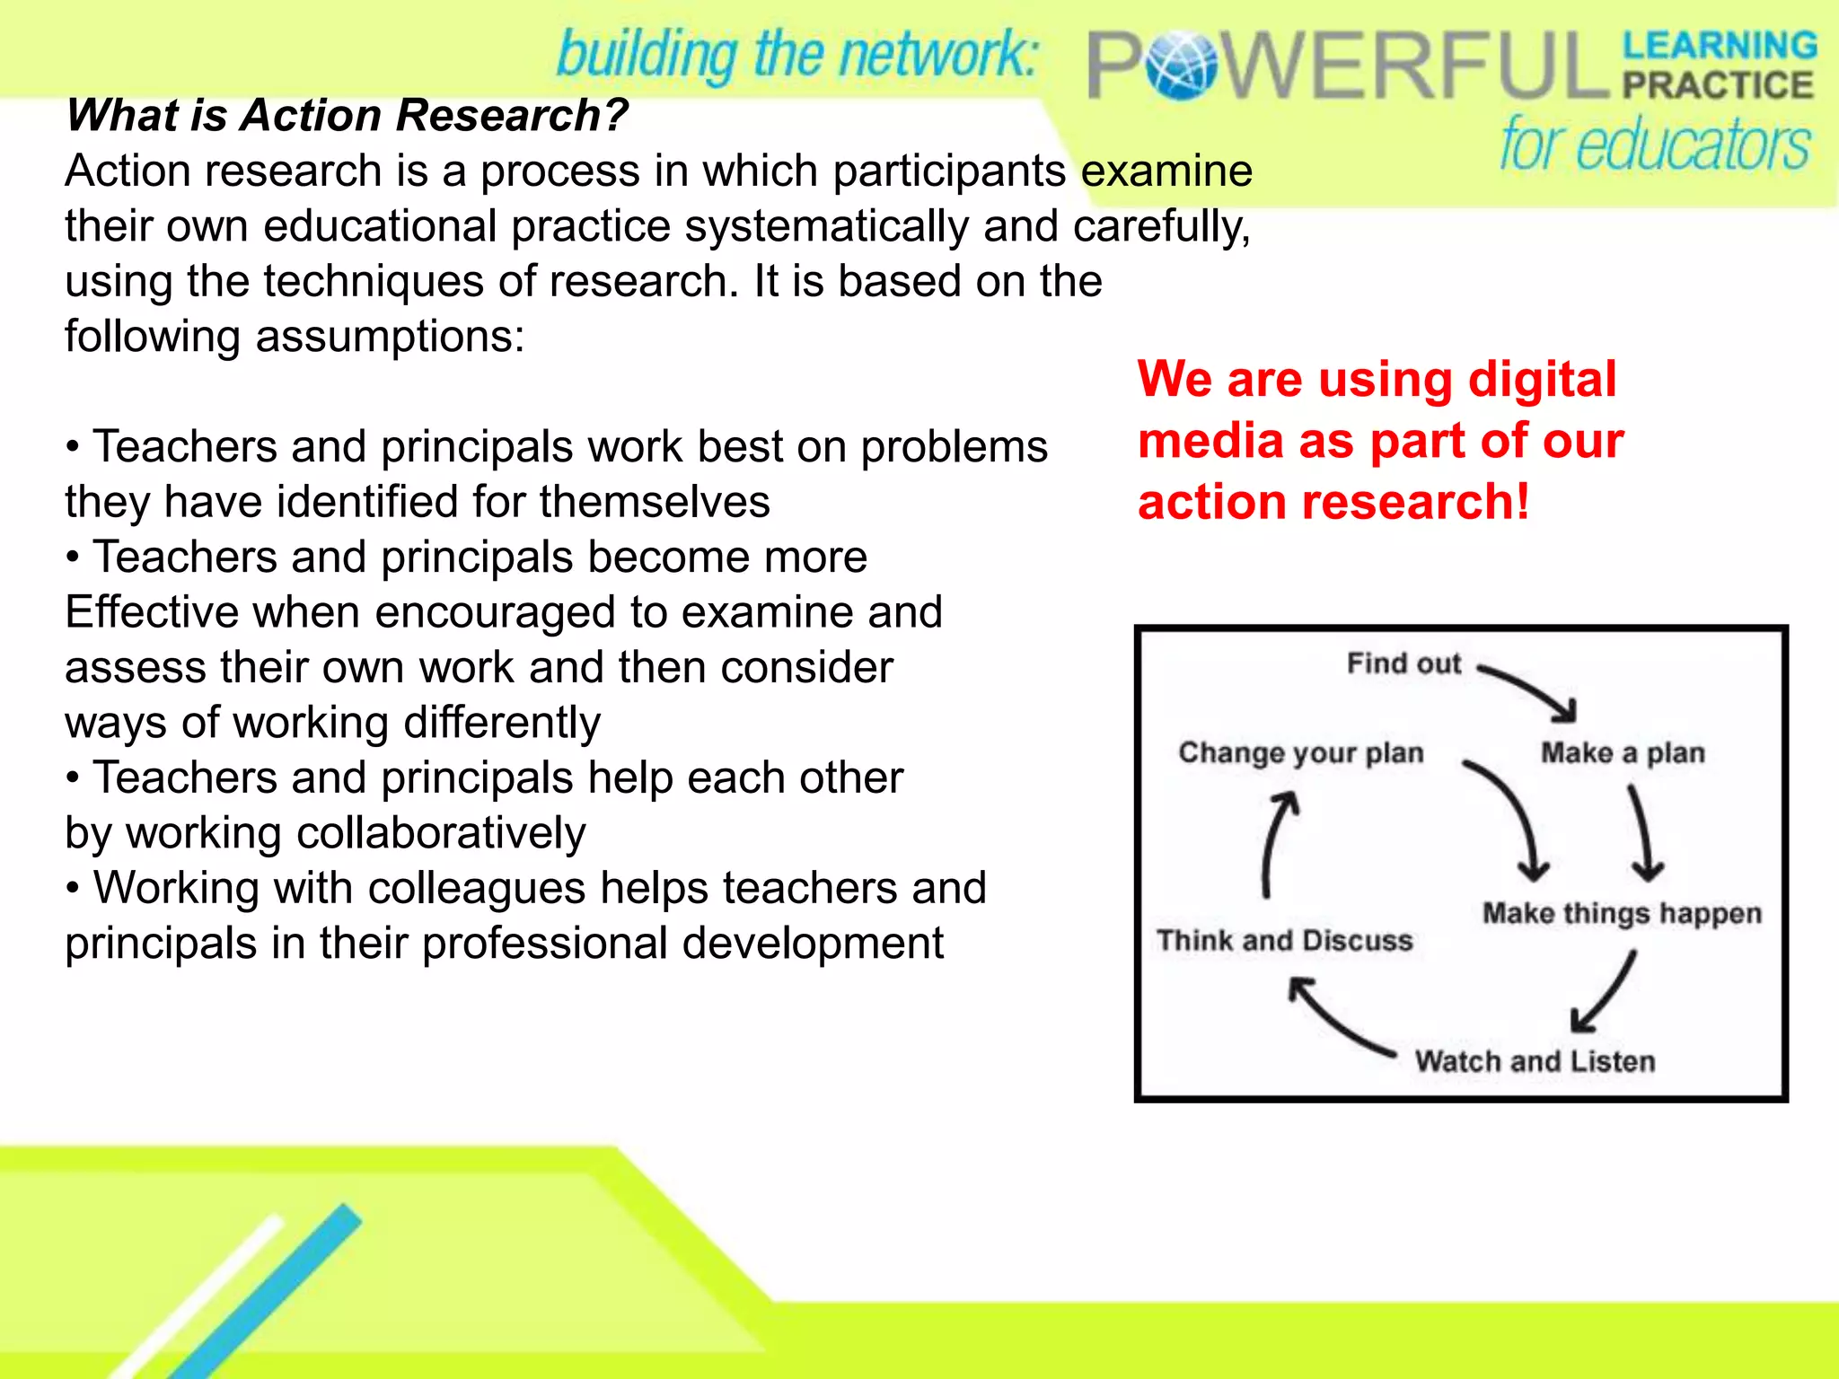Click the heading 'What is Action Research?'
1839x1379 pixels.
[x=347, y=115]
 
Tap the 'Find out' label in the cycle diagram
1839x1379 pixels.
[x=1403, y=663]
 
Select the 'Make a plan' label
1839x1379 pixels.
[x=1623, y=752]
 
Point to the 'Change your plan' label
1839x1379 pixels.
[x=1301, y=752]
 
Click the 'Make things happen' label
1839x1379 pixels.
[x=1622, y=913]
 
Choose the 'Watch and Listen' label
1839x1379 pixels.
[x=1535, y=1061]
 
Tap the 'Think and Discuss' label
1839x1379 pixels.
[x=1285, y=940]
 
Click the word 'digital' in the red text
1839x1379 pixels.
[x=1542, y=379]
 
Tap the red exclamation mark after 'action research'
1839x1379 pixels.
[x=1522, y=501]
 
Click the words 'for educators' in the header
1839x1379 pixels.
[x=1654, y=144]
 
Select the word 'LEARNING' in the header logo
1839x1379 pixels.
[x=1719, y=45]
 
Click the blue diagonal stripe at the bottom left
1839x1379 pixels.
[x=269, y=1293]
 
